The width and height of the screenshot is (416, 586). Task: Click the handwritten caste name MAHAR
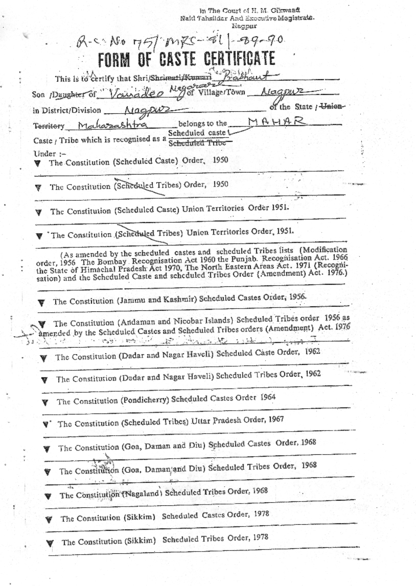click(276, 122)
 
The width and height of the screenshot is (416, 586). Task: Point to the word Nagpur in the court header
click(244, 25)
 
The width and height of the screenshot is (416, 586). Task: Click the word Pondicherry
click(146, 400)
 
